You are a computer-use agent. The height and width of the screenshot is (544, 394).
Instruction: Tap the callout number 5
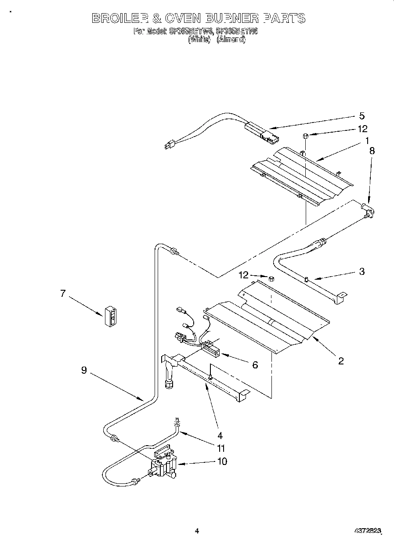361,116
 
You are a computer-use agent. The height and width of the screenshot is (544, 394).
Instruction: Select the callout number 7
63,294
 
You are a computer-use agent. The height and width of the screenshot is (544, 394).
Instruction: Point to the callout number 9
83,370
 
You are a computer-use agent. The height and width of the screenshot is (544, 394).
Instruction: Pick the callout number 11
220,448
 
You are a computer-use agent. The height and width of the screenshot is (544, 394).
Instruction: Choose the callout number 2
340,361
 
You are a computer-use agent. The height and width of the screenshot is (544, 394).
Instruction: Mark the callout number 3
361,271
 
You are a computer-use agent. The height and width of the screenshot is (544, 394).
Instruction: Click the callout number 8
372,150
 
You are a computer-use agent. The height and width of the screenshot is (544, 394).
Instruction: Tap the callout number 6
254,364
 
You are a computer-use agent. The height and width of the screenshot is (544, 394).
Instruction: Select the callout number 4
220,436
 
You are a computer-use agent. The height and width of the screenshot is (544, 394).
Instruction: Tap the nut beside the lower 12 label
271,278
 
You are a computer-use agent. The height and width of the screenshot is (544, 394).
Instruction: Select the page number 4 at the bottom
197,531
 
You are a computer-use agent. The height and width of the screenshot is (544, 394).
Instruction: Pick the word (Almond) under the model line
231,39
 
